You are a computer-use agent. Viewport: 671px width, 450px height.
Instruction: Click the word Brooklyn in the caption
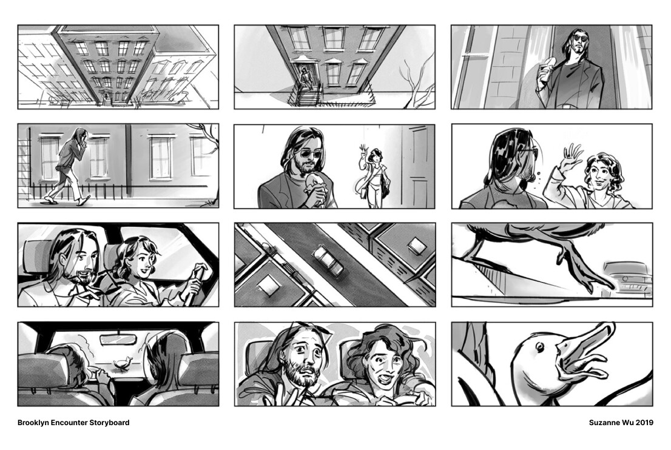36,423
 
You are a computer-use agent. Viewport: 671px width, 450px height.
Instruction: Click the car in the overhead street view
328,261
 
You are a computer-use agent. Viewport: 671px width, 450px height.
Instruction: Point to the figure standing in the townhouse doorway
303,77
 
